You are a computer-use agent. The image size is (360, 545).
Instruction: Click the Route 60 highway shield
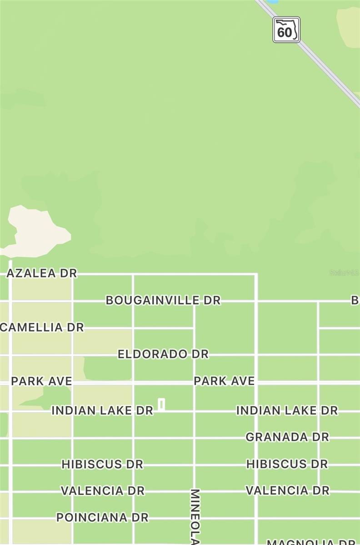click(x=286, y=30)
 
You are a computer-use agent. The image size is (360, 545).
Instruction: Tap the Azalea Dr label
click(x=42, y=273)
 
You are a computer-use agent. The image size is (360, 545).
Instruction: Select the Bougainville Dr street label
click(x=163, y=300)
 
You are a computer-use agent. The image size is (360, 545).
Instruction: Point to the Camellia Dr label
click(x=42, y=327)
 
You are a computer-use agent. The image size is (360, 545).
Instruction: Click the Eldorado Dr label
click(x=163, y=354)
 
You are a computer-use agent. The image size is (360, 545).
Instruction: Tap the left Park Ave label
click(x=41, y=381)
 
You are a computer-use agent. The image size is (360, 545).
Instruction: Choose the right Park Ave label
click(x=224, y=381)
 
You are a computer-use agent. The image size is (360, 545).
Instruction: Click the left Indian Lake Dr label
click(x=102, y=410)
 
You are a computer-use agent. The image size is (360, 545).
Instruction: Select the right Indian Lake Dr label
click(x=287, y=410)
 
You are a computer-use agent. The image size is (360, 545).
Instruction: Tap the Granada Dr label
click(x=287, y=437)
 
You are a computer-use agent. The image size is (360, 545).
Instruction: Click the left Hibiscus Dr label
click(x=102, y=464)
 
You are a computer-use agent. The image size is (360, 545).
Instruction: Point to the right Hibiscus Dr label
click(x=287, y=464)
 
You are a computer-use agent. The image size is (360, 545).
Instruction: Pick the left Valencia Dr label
click(x=102, y=490)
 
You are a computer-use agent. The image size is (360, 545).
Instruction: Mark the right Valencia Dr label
click(x=287, y=490)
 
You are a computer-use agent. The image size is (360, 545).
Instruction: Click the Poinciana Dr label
click(x=102, y=517)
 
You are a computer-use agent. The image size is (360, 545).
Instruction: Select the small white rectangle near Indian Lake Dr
click(x=161, y=404)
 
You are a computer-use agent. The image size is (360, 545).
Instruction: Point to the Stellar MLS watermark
click(x=344, y=272)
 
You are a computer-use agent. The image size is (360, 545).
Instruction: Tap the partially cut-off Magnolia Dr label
click(x=312, y=542)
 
